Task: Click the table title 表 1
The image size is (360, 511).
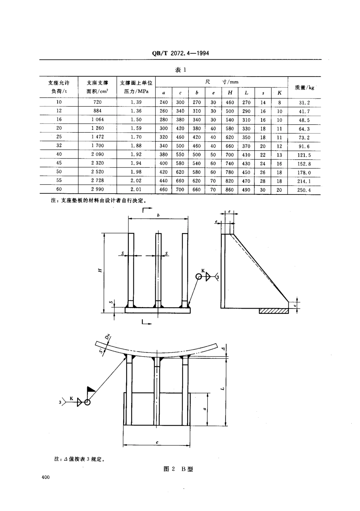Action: coord(180,70)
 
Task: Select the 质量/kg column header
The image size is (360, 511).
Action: coord(304,88)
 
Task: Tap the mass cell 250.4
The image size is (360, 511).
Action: coord(304,190)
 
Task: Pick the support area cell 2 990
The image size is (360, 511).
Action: coord(97,189)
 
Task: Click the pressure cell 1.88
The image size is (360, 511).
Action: coord(136,146)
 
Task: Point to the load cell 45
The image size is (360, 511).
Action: coord(59,163)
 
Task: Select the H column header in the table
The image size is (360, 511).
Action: coord(230,92)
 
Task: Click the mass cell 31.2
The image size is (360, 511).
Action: coord(304,103)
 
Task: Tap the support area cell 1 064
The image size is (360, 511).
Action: coord(97,119)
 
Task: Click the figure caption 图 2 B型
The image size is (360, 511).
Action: coord(178,469)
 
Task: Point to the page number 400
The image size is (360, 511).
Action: coord(46,477)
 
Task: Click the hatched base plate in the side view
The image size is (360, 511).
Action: coord(274,311)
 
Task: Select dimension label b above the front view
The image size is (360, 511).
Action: coord(158,215)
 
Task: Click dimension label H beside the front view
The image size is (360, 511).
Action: coord(100,270)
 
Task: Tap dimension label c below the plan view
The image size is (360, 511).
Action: coord(157,442)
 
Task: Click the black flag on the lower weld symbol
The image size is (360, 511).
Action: coord(91,389)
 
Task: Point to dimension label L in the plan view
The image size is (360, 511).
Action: coord(224,388)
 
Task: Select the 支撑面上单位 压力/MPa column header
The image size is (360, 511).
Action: coord(136,87)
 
